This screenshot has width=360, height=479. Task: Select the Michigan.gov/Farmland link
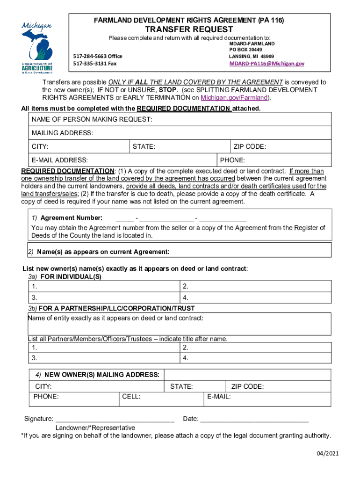pos(234,98)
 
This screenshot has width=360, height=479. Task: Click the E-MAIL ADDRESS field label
pos(60,160)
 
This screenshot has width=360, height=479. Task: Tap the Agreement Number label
pos(71,218)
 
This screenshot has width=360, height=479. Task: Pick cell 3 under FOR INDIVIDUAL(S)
pos(103,298)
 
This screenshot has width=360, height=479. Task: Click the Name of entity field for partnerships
pos(180,324)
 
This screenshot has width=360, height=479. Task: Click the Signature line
pos(115,419)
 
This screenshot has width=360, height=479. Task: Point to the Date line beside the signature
pos(254,419)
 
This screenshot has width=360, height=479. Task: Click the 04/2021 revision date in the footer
pos(326,453)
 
